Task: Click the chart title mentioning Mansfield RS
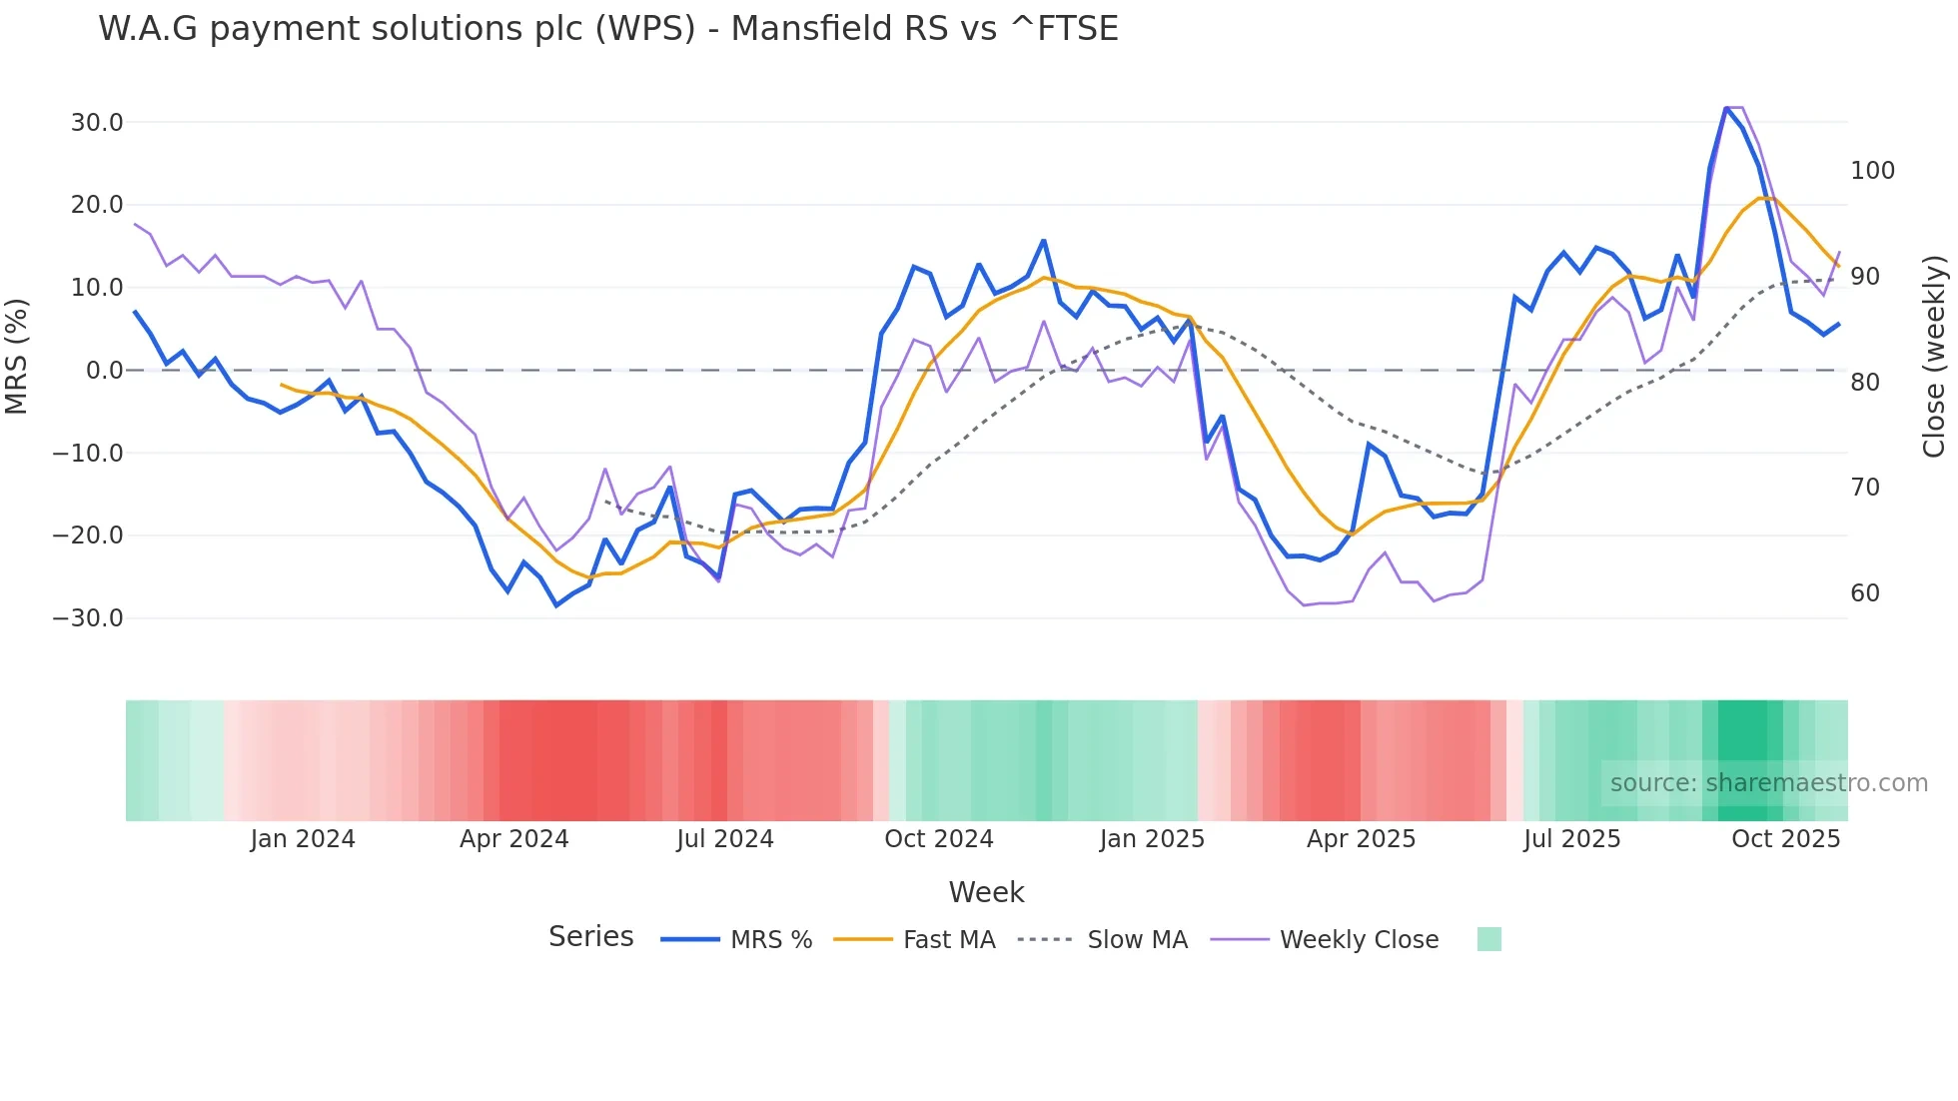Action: coord(607,29)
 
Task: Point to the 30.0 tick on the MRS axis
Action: coord(96,123)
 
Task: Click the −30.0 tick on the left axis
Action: coord(88,618)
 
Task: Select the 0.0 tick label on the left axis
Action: coord(104,371)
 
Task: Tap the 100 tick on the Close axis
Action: coord(1872,171)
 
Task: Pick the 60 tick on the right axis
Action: coord(1864,593)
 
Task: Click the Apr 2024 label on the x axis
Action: coord(513,839)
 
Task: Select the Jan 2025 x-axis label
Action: coord(1152,839)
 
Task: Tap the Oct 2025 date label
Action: coord(1785,839)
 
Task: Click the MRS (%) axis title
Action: coord(17,357)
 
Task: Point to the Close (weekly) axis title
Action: coord(1934,357)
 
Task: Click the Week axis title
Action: coord(986,892)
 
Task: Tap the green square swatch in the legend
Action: coord(1488,940)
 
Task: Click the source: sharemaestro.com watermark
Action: coord(1768,783)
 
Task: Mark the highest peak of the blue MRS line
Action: coord(1726,108)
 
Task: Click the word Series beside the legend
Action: coord(590,937)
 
